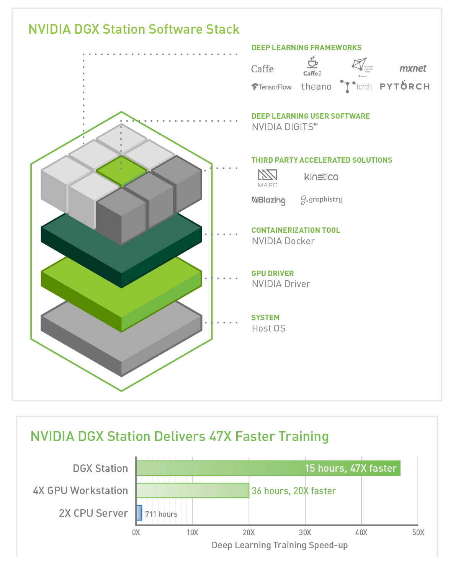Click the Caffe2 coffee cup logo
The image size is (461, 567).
click(312, 67)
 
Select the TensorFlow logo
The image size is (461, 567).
click(271, 87)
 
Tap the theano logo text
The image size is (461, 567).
click(316, 87)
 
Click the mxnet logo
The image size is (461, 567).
click(413, 69)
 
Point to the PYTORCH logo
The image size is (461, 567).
click(405, 86)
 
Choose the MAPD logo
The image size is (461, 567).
click(267, 178)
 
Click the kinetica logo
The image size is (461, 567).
click(321, 176)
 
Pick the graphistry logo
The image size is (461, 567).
click(321, 199)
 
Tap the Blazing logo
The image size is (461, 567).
click(268, 200)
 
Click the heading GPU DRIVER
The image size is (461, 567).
click(273, 273)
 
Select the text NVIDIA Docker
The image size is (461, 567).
click(283, 241)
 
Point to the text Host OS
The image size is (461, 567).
click(269, 328)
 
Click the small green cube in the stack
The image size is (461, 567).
click(121, 171)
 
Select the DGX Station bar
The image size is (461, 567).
click(268, 468)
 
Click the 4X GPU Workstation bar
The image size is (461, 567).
click(193, 490)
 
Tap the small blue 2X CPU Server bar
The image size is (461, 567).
click(139, 513)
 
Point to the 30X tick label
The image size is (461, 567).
click(305, 533)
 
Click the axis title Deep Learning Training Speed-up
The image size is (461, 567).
click(280, 545)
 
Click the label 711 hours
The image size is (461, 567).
click(161, 514)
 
